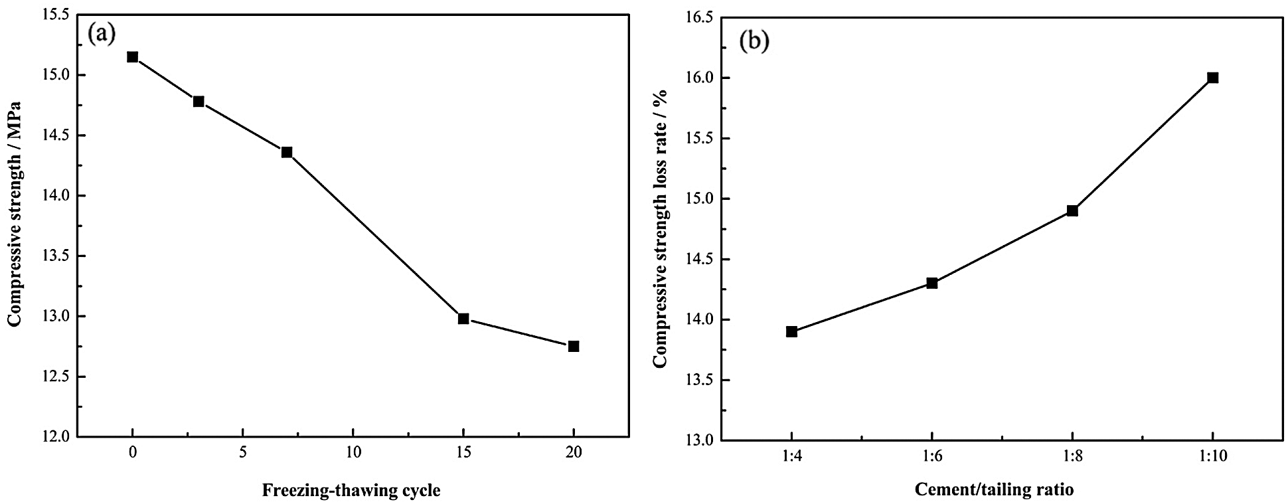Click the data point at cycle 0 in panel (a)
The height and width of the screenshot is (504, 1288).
(x=133, y=57)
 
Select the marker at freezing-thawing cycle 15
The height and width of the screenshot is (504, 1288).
(x=463, y=319)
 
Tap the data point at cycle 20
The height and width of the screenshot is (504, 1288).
(x=574, y=346)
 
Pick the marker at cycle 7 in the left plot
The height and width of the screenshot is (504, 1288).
(x=287, y=152)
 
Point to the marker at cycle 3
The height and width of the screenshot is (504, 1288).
(x=199, y=102)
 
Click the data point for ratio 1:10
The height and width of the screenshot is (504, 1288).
(x=1213, y=78)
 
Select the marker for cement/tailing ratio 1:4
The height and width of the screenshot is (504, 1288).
(x=791, y=331)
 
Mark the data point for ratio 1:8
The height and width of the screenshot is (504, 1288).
(x=1072, y=210)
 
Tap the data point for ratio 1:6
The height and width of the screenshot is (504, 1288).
(x=931, y=283)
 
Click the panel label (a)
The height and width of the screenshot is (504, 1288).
(x=103, y=33)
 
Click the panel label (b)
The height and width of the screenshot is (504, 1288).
(x=754, y=41)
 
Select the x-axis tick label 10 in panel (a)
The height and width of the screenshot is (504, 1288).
(x=353, y=453)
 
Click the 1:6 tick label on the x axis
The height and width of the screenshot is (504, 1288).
(x=931, y=456)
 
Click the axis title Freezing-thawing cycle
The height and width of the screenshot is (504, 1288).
(x=351, y=491)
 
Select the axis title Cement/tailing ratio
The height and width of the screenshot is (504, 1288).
(x=994, y=490)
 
